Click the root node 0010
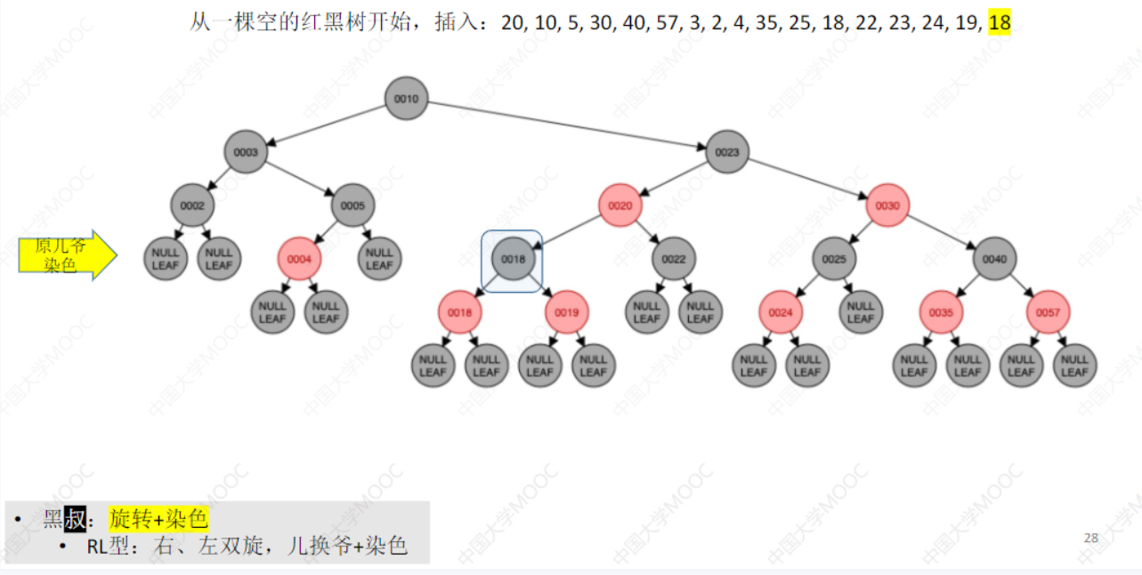point(407,99)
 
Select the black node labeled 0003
point(246,152)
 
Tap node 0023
point(727,152)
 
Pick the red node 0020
point(620,206)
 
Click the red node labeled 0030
point(887,206)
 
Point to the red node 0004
point(300,259)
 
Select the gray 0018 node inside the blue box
point(514,259)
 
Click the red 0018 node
point(460,312)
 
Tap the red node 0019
point(567,312)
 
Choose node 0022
point(674,259)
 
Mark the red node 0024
point(781,312)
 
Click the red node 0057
point(1048,312)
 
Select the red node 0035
point(941,312)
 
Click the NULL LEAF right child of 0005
point(379,259)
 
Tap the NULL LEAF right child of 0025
point(861,312)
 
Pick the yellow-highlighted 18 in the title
point(1000,22)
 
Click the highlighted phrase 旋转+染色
point(158,518)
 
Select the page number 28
point(1090,538)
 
